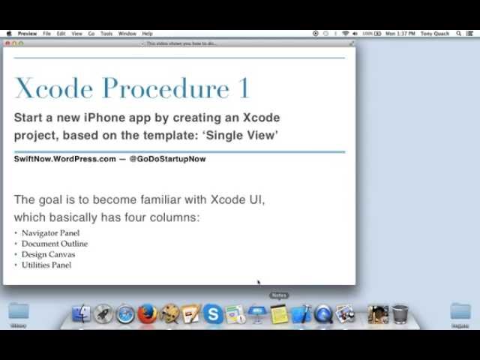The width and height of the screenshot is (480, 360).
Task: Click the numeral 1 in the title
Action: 244,88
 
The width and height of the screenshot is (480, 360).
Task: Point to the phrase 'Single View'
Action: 241,135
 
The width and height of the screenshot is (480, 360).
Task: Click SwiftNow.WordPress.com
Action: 65,159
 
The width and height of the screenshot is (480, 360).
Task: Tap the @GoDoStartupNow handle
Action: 167,159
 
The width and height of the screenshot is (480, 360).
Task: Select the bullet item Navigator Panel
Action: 50,233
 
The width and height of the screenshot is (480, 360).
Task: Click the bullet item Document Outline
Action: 54,244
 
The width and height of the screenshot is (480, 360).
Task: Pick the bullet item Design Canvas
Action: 48,254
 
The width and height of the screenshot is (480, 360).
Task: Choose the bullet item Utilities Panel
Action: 46,265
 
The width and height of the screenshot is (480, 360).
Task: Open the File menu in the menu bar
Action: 46,34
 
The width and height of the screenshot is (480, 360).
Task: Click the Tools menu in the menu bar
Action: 106,34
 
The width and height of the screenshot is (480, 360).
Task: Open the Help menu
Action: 147,34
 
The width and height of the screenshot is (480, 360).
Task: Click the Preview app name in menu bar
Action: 27,34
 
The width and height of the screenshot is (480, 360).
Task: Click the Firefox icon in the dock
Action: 148,314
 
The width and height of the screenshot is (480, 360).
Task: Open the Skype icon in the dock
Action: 213,314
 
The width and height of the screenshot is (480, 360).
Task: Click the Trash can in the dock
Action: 400,313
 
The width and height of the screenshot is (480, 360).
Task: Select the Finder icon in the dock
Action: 82,314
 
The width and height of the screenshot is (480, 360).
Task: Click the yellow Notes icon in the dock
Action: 279,314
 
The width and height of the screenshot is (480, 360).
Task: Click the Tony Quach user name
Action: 436,34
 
